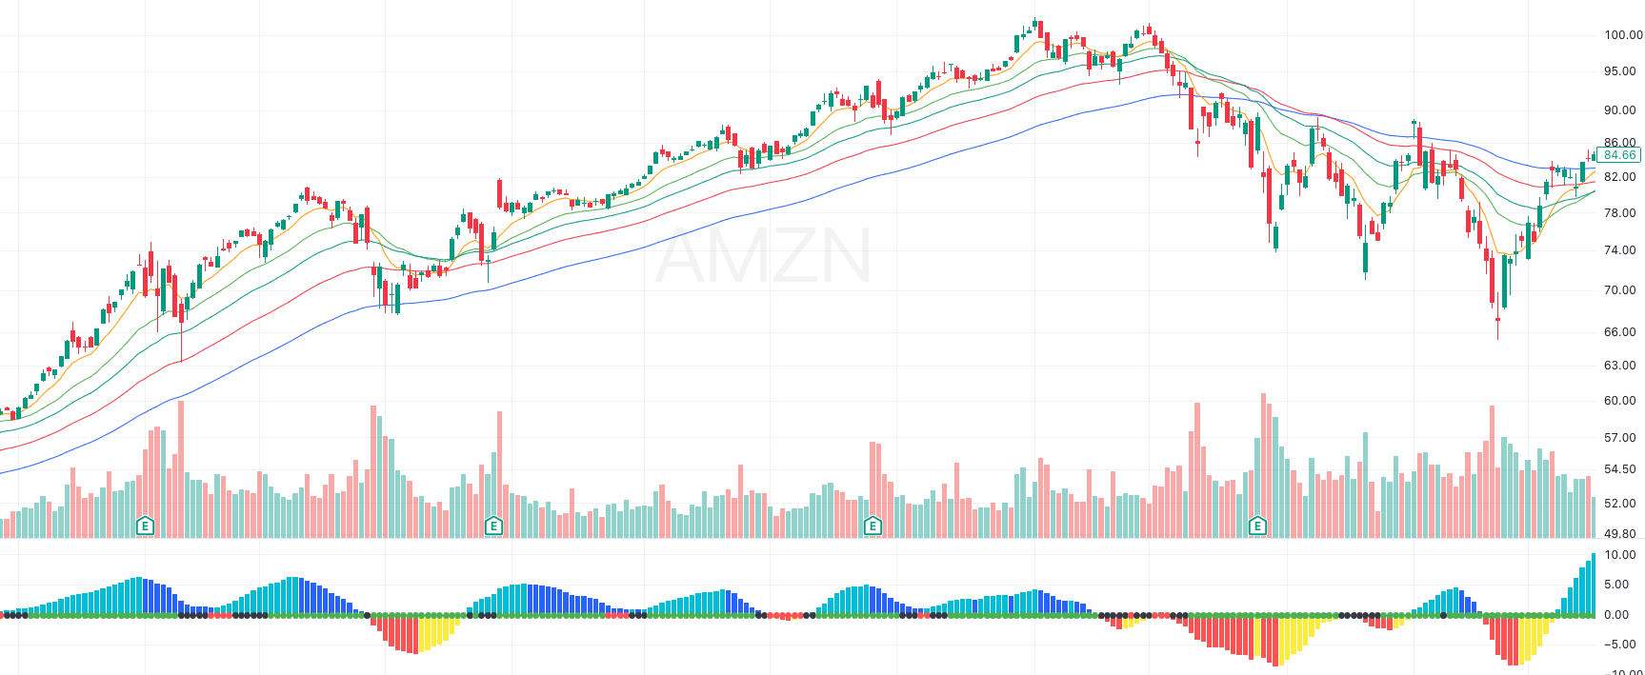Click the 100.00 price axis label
coord(1622,35)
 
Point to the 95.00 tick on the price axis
coord(1619,71)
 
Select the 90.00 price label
coord(1619,110)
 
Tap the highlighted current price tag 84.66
coord(1618,155)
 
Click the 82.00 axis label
coord(1619,177)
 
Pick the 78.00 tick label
coord(1619,213)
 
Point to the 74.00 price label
coord(1619,251)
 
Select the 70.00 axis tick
coord(1619,290)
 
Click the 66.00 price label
coord(1619,332)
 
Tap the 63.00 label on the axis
coord(1619,366)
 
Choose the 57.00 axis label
coord(1619,438)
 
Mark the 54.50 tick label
coord(1619,470)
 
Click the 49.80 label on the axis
coord(1619,534)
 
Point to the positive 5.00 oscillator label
coord(1616,586)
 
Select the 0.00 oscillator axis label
coord(1616,615)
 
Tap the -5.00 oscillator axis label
coord(1615,645)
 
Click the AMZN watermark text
coord(763,256)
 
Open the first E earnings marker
coord(145,526)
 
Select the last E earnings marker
coord(1257,526)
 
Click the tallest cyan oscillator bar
coord(1593,584)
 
